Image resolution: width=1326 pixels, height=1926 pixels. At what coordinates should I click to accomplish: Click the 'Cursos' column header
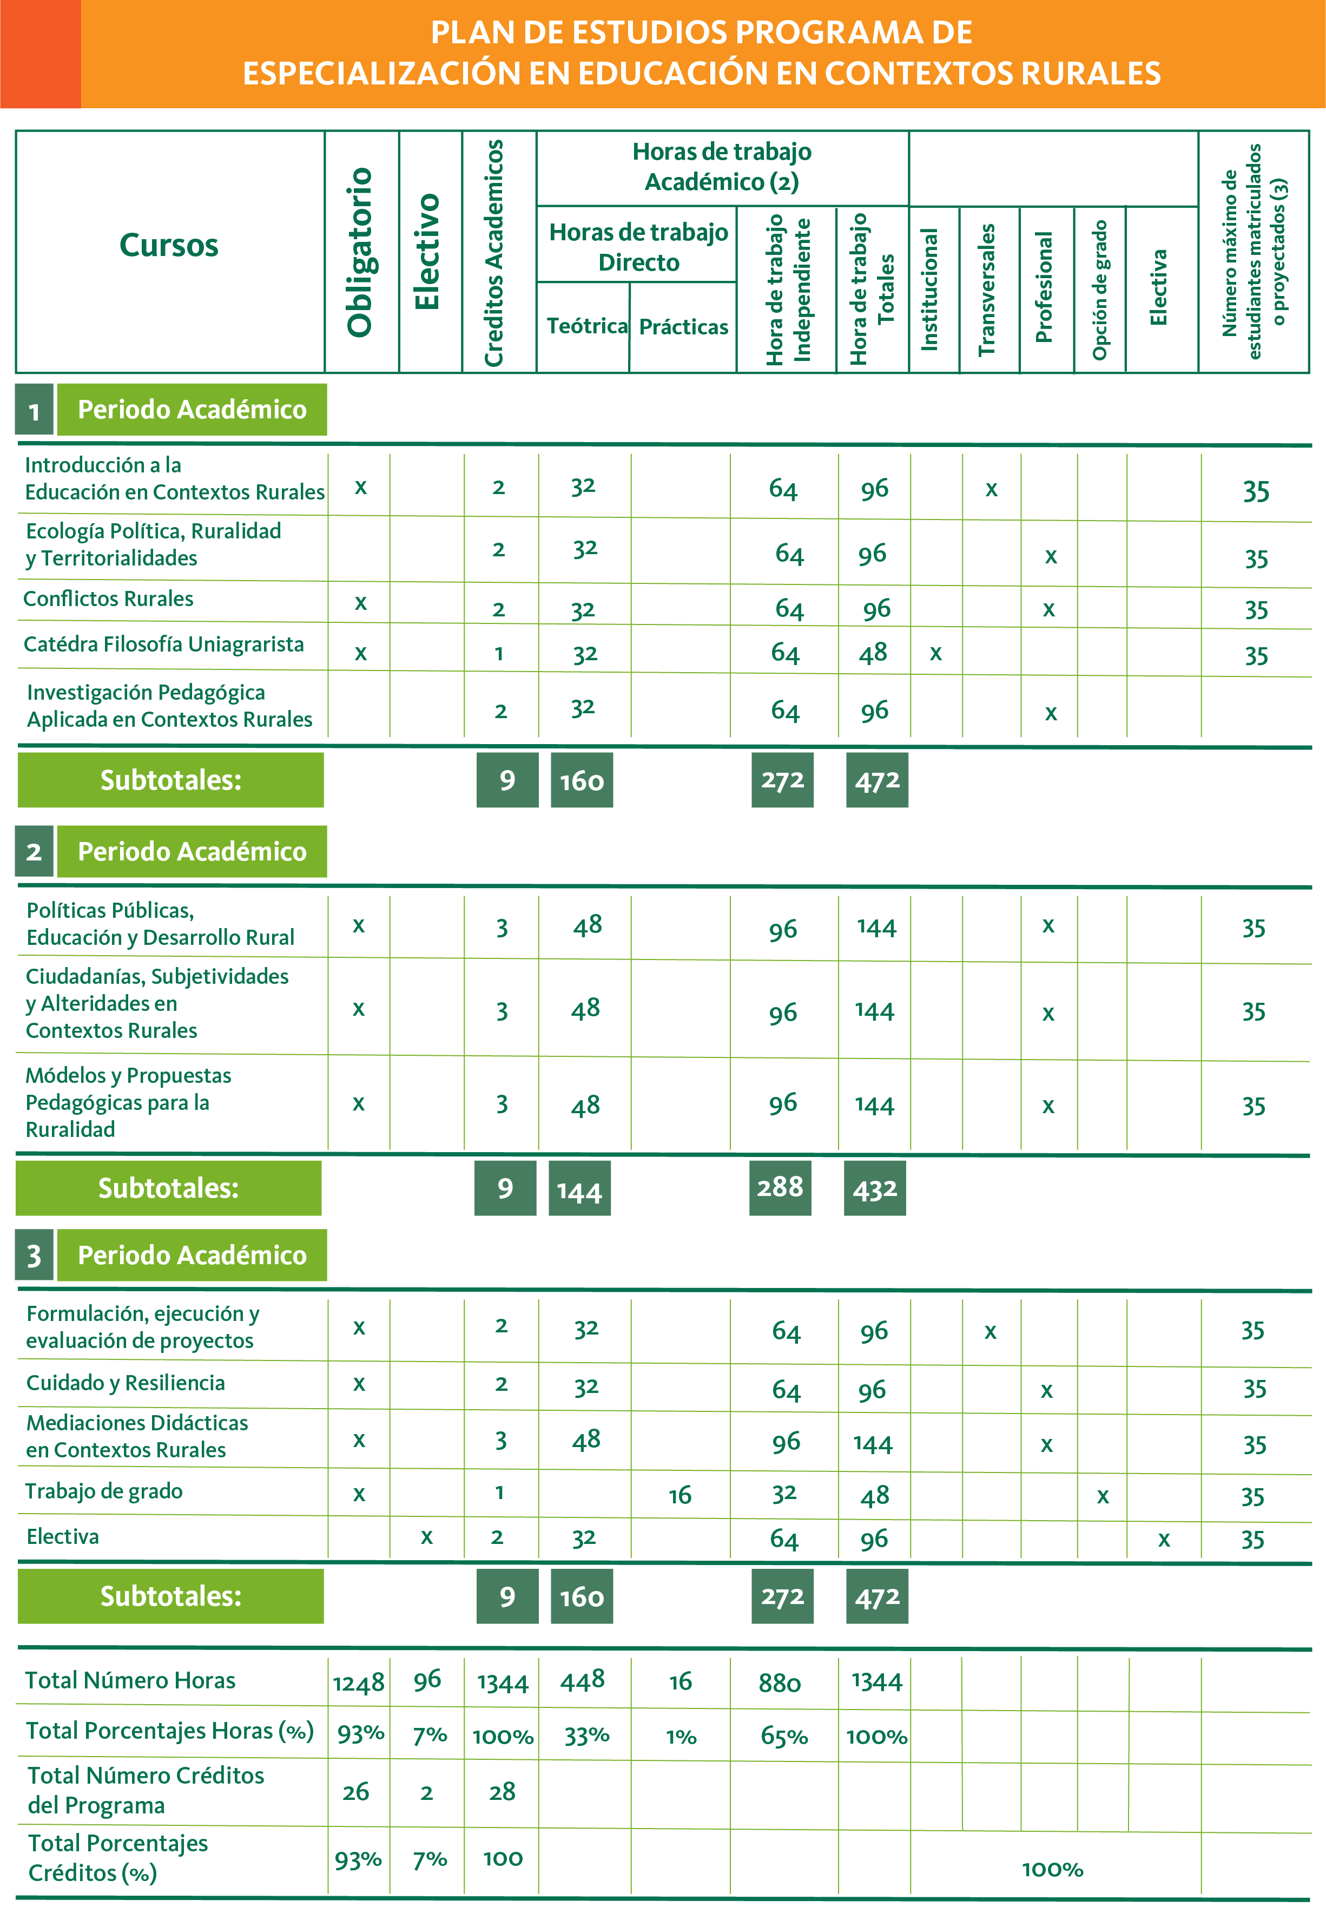[169, 245]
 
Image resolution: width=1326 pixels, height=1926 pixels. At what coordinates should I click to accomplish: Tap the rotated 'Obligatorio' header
[360, 252]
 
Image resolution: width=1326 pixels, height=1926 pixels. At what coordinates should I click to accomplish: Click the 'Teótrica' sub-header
[586, 326]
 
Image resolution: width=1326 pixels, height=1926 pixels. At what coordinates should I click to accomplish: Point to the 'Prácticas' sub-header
[683, 326]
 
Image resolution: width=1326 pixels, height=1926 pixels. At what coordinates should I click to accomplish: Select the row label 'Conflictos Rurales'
[108, 599]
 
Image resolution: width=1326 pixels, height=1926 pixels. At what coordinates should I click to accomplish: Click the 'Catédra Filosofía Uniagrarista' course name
[164, 644]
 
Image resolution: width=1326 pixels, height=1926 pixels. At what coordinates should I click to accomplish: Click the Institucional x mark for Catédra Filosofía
[935, 653]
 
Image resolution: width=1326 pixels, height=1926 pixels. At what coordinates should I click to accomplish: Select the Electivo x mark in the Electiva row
[426, 1537]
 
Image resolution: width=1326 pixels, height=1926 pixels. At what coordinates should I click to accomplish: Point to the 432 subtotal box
[875, 1189]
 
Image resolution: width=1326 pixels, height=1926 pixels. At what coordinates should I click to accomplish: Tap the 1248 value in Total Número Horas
[359, 1682]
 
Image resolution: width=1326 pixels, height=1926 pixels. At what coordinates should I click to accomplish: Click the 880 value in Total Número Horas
[779, 1682]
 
